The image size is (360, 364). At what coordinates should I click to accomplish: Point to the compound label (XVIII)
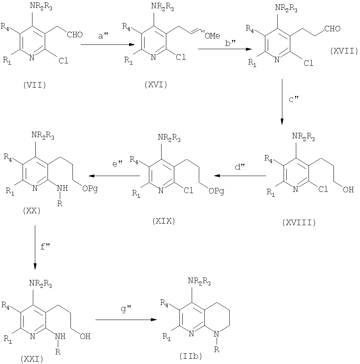pos(299,222)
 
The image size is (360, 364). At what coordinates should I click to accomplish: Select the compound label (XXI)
pos(31,359)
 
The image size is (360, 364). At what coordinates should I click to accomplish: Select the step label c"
pos(293,99)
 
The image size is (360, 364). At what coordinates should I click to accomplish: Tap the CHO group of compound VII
pos(75,35)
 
